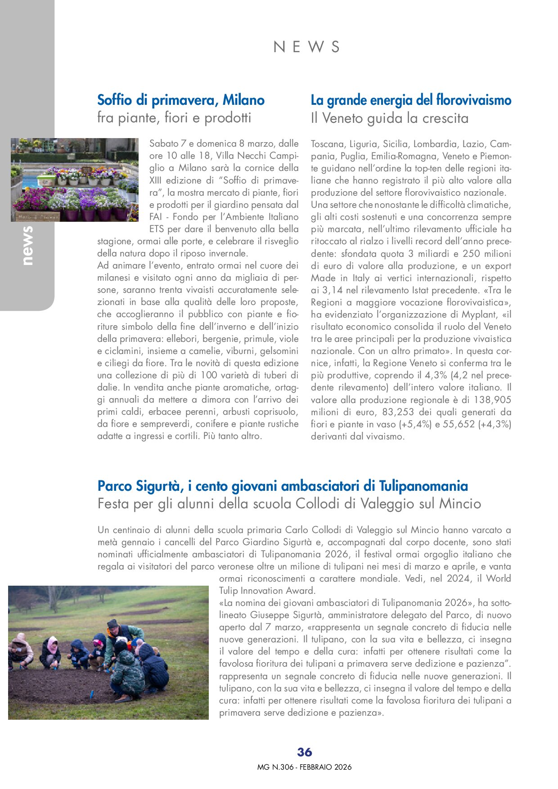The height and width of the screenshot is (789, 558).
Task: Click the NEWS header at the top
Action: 306,47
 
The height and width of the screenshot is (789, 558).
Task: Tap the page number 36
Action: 305,752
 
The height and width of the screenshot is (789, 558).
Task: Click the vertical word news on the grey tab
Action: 27,246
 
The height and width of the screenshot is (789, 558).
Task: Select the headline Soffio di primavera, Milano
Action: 181,100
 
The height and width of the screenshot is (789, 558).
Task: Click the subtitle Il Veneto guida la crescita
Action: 390,118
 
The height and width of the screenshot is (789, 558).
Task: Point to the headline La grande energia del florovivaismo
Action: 411,100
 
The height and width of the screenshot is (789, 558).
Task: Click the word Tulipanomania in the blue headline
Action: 423,486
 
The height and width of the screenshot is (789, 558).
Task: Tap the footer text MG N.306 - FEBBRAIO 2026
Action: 305,767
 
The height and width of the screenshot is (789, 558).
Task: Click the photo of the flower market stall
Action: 75,179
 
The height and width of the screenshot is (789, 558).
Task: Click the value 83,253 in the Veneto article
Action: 398,412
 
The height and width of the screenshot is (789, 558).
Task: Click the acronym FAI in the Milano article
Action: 156,217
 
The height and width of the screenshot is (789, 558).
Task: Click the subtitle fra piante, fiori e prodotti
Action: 174,118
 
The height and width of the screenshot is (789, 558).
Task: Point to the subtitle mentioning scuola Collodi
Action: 289,504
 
